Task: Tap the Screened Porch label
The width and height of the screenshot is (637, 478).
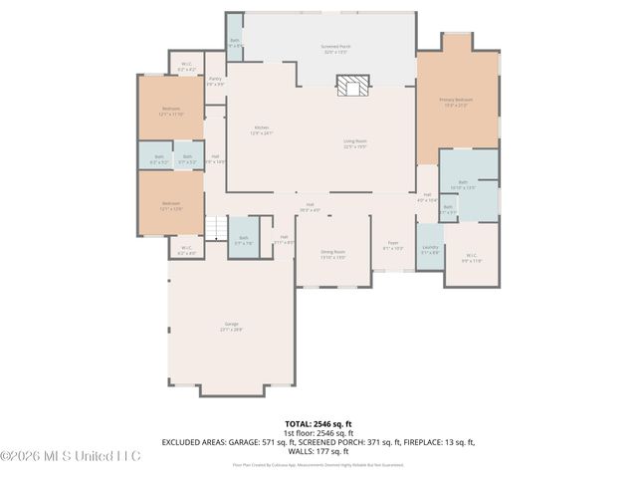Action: coord(334,48)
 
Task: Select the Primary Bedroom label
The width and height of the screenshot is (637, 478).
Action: coord(457,102)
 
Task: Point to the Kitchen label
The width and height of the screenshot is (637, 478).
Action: coord(262,129)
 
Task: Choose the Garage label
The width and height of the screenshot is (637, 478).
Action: coord(231,327)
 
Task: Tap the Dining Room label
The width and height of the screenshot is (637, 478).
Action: coord(333,254)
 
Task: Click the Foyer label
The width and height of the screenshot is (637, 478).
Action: coord(393,244)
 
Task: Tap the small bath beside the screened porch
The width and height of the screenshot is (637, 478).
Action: coord(235,44)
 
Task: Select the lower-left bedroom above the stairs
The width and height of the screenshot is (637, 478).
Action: coord(171,206)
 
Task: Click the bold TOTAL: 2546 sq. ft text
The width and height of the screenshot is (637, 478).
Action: coord(318,423)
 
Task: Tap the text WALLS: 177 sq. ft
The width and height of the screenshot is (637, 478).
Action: coord(318,450)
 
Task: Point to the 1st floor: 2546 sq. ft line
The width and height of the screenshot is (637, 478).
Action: coord(318,432)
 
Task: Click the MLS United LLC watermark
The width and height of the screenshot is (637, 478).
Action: coord(71,456)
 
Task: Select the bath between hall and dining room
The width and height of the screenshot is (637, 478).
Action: coord(244,239)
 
